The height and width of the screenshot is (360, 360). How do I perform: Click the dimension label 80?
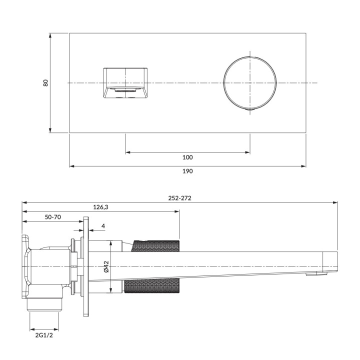[x=45, y=83]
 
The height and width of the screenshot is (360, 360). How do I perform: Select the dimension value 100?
[x=187, y=157]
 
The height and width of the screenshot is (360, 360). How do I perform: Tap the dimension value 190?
[x=187, y=171]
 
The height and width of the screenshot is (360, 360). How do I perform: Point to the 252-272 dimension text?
[x=180, y=197]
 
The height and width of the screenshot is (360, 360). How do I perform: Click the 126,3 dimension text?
[x=101, y=206]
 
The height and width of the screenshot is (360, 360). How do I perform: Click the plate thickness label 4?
[x=103, y=226]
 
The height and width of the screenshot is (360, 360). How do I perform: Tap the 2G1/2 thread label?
[x=44, y=335]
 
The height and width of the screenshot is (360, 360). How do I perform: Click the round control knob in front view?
[x=249, y=83]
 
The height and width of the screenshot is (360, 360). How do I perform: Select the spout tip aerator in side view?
[x=314, y=273]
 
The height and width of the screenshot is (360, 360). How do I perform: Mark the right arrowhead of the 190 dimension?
[x=304, y=166]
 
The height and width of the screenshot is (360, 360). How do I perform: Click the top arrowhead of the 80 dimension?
[x=50, y=35]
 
